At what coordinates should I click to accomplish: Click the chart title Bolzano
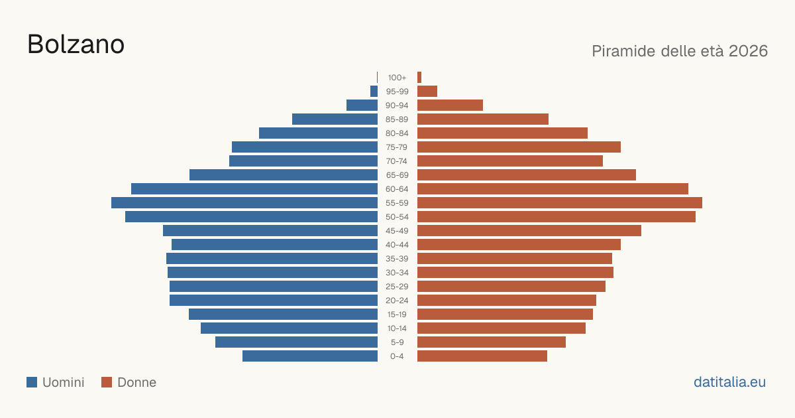coord(76,44)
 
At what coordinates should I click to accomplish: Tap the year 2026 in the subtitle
coord(748,51)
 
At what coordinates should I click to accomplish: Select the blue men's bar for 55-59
coord(244,202)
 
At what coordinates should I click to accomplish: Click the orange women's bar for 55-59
coord(560,202)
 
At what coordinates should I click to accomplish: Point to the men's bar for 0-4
coord(310,356)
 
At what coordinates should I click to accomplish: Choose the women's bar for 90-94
coord(450,105)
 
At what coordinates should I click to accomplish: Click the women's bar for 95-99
coord(427,92)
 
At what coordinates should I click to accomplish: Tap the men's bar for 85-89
coord(335,119)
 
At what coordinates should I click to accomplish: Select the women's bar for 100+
coord(419,78)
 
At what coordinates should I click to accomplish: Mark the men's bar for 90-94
coord(362,105)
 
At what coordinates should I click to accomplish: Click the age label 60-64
coord(397,189)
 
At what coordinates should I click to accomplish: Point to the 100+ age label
coord(397,78)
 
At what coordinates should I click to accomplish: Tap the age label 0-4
coord(397,356)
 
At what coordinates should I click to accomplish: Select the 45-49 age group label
coord(397,231)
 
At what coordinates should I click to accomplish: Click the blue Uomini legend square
coord(32,382)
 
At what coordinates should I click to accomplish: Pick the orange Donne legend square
coord(107,382)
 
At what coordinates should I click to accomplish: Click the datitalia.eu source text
coord(729,382)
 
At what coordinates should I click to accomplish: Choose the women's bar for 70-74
coord(510,161)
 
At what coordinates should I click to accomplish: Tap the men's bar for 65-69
coord(284,175)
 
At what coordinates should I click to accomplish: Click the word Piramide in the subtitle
coord(624,51)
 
